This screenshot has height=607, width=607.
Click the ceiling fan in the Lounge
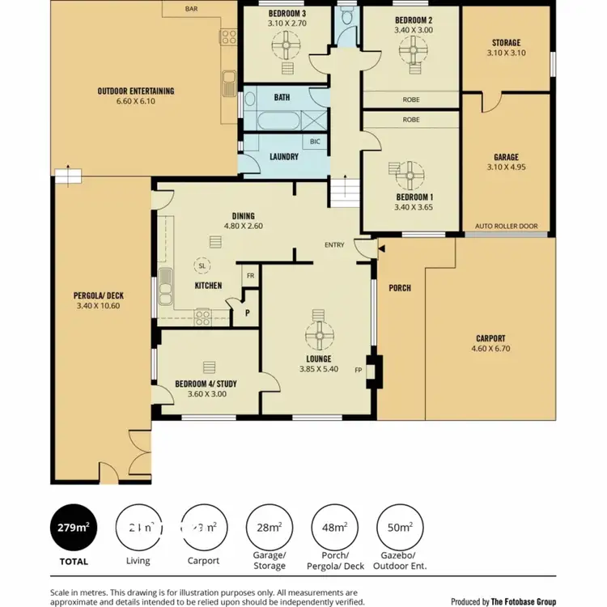tap(318, 332)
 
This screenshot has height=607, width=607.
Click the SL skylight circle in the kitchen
tap(200, 265)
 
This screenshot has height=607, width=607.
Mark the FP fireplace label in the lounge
tap(358, 371)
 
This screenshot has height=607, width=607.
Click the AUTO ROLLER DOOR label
tap(506, 226)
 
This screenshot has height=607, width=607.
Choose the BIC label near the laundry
tap(315, 141)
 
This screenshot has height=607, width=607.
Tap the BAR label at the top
tap(191, 9)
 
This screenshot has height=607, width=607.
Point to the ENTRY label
tap(334, 244)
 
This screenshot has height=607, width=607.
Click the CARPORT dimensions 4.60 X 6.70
tap(490, 349)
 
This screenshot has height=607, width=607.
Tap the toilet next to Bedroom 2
tap(347, 17)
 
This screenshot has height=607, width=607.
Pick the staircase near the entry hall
tap(343, 193)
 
